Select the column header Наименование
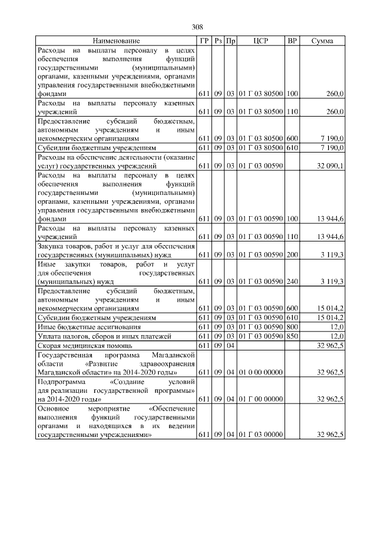click(x=115, y=41)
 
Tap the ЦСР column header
click(x=260, y=41)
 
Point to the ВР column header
click(x=292, y=41)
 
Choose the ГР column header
click(x=203, y=41)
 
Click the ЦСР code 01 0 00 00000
click(x=260, y=372)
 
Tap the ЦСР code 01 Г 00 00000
click(x=260, y=399)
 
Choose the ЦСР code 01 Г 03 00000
click(x=260, y=435)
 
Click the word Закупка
click(x=51, y=246)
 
